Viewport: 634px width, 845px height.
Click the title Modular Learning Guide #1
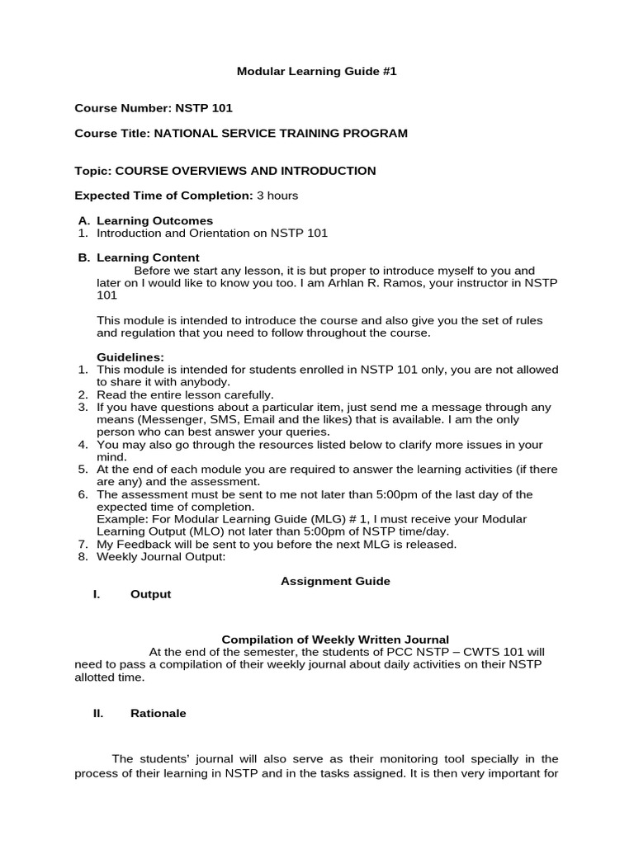[317, 72]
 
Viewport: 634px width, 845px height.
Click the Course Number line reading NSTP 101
[158, 108]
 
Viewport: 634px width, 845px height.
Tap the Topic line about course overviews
[225, 171]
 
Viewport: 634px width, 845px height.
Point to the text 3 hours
[277, 196]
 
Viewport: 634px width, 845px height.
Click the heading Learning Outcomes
[154, 220]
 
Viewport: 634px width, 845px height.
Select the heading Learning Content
[148, 257]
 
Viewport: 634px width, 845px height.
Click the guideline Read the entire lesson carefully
[185, 394]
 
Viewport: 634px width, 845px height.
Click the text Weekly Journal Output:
[161, 556]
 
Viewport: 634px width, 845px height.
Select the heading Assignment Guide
[335, 581]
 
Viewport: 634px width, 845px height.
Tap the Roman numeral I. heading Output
[150, 594]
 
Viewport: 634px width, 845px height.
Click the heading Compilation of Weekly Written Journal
[335, 640]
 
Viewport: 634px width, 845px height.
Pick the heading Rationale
[158, 714]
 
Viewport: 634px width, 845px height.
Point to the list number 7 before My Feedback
[83, 544]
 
